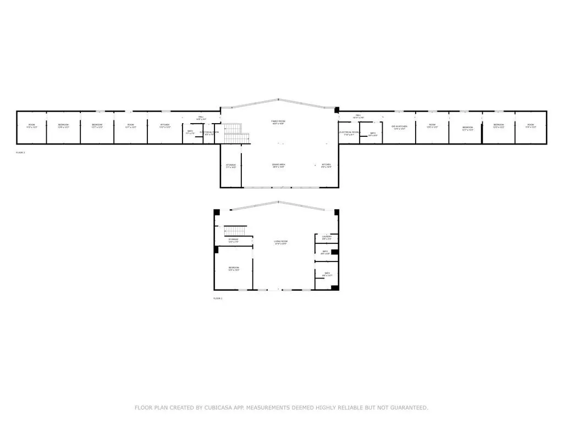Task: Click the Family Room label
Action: (x=279, y=122)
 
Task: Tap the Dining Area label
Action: (x=279, y=165)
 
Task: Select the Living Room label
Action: (x=281, y=242)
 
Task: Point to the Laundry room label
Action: (x=327, y=237)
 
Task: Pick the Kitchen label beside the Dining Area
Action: (x=327, y=165)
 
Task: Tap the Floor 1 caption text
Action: (x=218, y=298)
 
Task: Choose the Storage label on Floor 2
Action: (x=231, y=165)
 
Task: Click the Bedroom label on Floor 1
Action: (x=234, y=269)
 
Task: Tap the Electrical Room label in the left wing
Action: (x=209, y=132)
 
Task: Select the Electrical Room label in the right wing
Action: (x=349, y=133)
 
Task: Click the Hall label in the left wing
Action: (x=201, y=117)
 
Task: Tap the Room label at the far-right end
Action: (x=531, y=126)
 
